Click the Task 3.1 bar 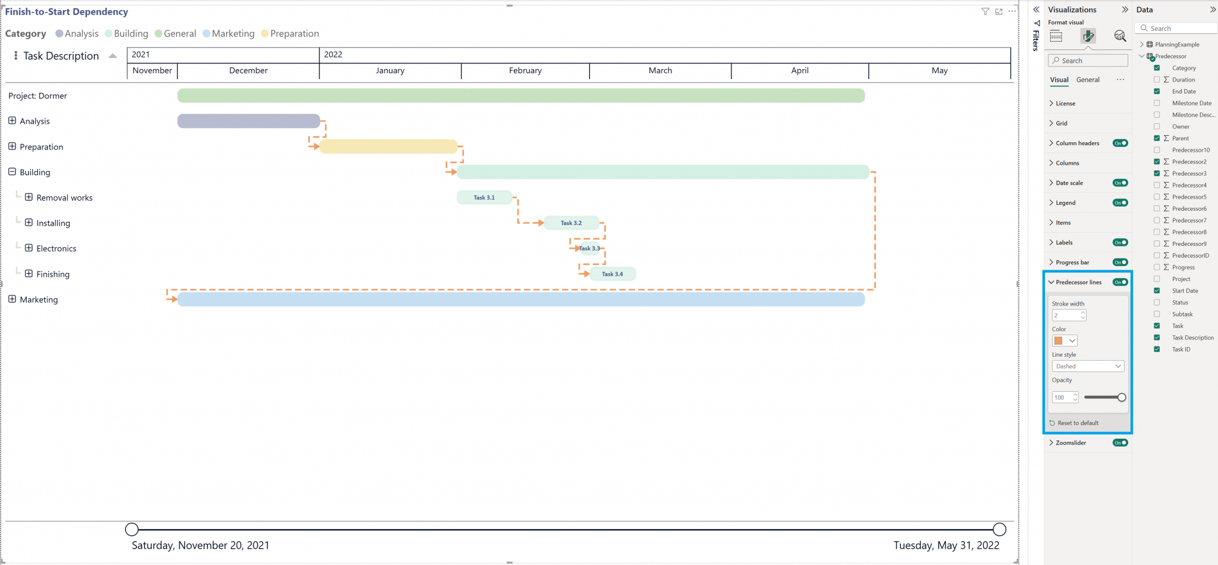(x=484, y=198)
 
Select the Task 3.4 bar (x=613, y=274)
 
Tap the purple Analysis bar (x=249, y=121)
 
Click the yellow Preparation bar (x=388, y=146)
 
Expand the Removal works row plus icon (x=29, y=197)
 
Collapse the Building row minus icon (x=12, y=171)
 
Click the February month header (x=525, y=70)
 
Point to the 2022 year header (x=333, y=54)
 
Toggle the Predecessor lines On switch (x=1120, y=282)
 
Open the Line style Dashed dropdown (x=1088, y=366)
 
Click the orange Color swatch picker (x=1065, y=341)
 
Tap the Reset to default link (x=1078, y=423)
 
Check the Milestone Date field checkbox (x=1157, y=103)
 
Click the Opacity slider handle (x=1122, y=397)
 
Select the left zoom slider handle (x=132, y=529)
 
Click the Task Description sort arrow (x=112, y=56)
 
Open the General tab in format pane (x=1088, y=80)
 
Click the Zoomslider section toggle (x=1120, y=443)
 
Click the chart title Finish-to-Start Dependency (x=67, y=12)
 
